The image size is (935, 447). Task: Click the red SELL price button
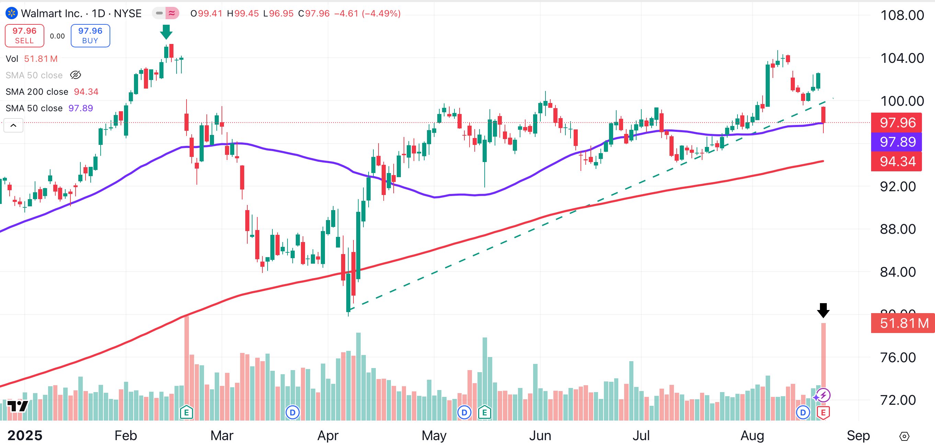[x=24, y=36]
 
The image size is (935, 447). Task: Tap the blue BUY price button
[x=90, y=36]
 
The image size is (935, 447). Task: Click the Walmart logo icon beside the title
[x=11, y=13]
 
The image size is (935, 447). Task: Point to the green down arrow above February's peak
[x=166, y=32]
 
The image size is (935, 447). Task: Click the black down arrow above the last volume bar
[x=823, y=311]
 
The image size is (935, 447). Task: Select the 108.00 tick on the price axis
[x=902, y=15]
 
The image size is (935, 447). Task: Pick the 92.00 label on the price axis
[x=898, y=186]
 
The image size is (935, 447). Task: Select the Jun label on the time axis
[x=540, y=435]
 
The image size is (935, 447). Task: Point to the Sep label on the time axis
[x=858, y=435]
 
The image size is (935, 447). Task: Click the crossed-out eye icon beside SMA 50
[x=76, y=75]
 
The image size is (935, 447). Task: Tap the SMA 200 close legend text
[x=37, y=92]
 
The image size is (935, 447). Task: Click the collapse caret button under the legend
[x=13, y=126]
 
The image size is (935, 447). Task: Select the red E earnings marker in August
[x=823, y=413]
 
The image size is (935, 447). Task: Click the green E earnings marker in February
[x=186, y=413]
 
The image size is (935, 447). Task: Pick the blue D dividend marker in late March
[x=293, y=413]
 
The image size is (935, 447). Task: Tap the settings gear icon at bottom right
[x=904, y=436]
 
